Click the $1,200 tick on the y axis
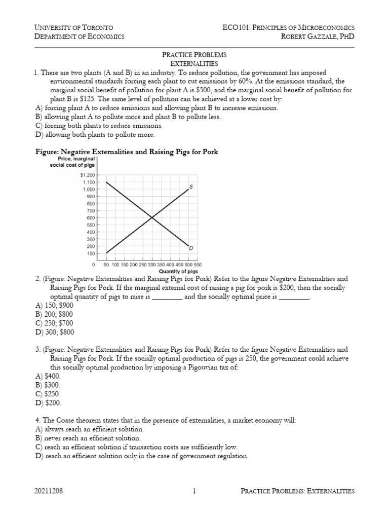coord(88,175)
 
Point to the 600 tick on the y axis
coord(91,217)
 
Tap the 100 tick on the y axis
coord(91,253)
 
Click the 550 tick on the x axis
coord(198,265)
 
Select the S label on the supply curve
coord(190,187)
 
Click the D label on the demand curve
coord(190,248)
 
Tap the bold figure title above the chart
coord(126,152)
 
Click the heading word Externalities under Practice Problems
coord(194,63)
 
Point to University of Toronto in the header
coord(73,27)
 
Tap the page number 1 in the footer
coord(194,491)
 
